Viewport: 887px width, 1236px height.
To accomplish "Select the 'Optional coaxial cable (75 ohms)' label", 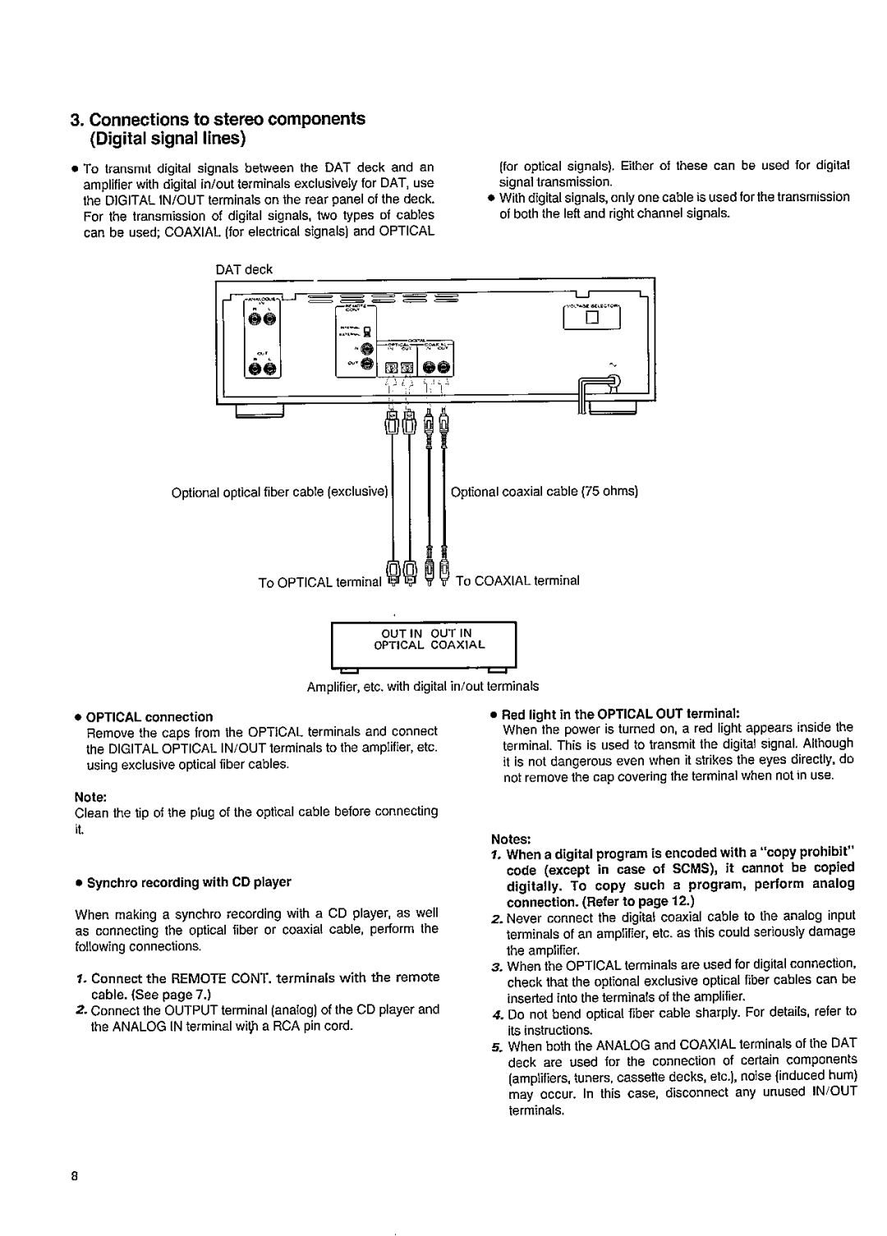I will point(545,492).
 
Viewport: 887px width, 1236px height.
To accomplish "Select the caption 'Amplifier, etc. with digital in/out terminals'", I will point(424,685).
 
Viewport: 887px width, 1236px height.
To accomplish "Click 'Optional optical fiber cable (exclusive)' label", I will point(279,493).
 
